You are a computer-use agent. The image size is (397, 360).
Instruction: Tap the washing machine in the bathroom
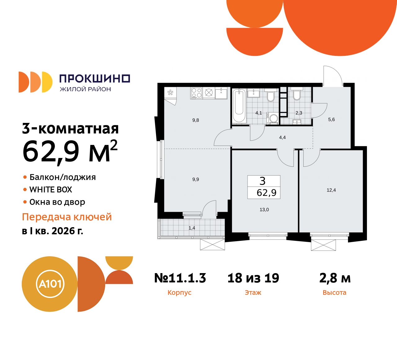click(x=274, y=118)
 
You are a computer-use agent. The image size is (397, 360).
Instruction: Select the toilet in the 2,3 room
click(x=297, y=95)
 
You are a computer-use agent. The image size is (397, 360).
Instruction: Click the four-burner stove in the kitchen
click(x=196, y=93)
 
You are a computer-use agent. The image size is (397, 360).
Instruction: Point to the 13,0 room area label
click(x=264, y=210)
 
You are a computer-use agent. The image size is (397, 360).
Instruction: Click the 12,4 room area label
click(x=331, y=190)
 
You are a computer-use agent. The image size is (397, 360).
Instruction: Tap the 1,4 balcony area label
click(x=192, y=228)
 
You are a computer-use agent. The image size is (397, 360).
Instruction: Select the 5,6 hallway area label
click(x=332, y=119)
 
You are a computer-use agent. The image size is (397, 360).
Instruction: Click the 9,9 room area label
click(x=196, y=179)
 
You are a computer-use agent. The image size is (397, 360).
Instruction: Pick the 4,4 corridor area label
click(x=282, y=137)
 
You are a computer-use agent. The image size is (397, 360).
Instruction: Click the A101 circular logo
click(x=50, y=284)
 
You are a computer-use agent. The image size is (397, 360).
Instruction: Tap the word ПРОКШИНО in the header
click(x=95, y=79)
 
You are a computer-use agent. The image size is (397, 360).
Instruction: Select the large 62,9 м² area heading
click(x=70, y=152)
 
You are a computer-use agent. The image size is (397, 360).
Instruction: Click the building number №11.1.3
click(x=180, y=278)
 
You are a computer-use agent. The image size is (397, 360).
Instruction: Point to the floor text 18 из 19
click(x=253, y=278)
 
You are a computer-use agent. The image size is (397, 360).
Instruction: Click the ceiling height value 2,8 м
click(x=335, y=278)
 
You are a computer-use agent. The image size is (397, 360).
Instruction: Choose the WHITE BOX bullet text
click(x=51, y=190)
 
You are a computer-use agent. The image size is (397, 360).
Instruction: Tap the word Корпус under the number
click(x=179, y=293)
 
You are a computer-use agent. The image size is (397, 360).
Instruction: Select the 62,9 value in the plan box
click(x=266, y=193)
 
